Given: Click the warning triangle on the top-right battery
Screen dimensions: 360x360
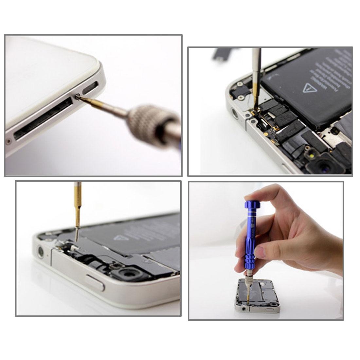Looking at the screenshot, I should tap(308, 88).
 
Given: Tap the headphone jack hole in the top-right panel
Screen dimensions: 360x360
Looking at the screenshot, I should tap(235, 113).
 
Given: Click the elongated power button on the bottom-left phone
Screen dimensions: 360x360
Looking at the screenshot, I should tap(95, 282).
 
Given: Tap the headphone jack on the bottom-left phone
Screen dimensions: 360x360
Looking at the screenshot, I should tap(41, 251).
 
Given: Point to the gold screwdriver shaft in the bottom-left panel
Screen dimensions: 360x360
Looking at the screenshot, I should tap(77, 213).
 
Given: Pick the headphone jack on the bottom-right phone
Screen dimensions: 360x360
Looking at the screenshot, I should tap(243, 308).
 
